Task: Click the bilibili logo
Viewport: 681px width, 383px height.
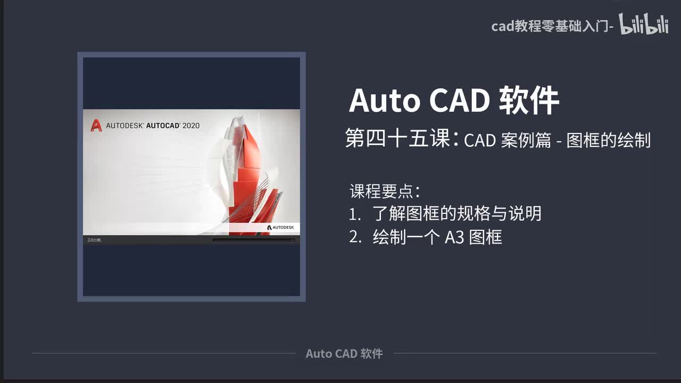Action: pos(644,24)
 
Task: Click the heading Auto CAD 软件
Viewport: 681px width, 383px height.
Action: pos(453,101)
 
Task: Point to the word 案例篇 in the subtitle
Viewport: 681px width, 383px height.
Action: pos(525,140)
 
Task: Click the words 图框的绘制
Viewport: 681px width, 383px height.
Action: pos(608,140)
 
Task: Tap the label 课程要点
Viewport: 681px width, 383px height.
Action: pos(384,190)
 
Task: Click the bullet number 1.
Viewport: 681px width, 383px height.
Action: pos(354,214)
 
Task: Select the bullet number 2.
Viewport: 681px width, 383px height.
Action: pos(355,237)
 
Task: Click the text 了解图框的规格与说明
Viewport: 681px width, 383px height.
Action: pos(456,214)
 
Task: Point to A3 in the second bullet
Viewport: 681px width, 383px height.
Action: pos(454,237)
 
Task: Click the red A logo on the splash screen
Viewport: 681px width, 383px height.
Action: pos(96,126)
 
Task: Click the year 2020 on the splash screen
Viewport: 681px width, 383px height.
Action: pos(191,126)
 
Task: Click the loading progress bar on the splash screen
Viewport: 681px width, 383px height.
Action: pos(253,240)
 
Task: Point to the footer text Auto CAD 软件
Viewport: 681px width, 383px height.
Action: pos(344,354)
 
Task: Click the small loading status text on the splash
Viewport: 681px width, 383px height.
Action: pos(94,240)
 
